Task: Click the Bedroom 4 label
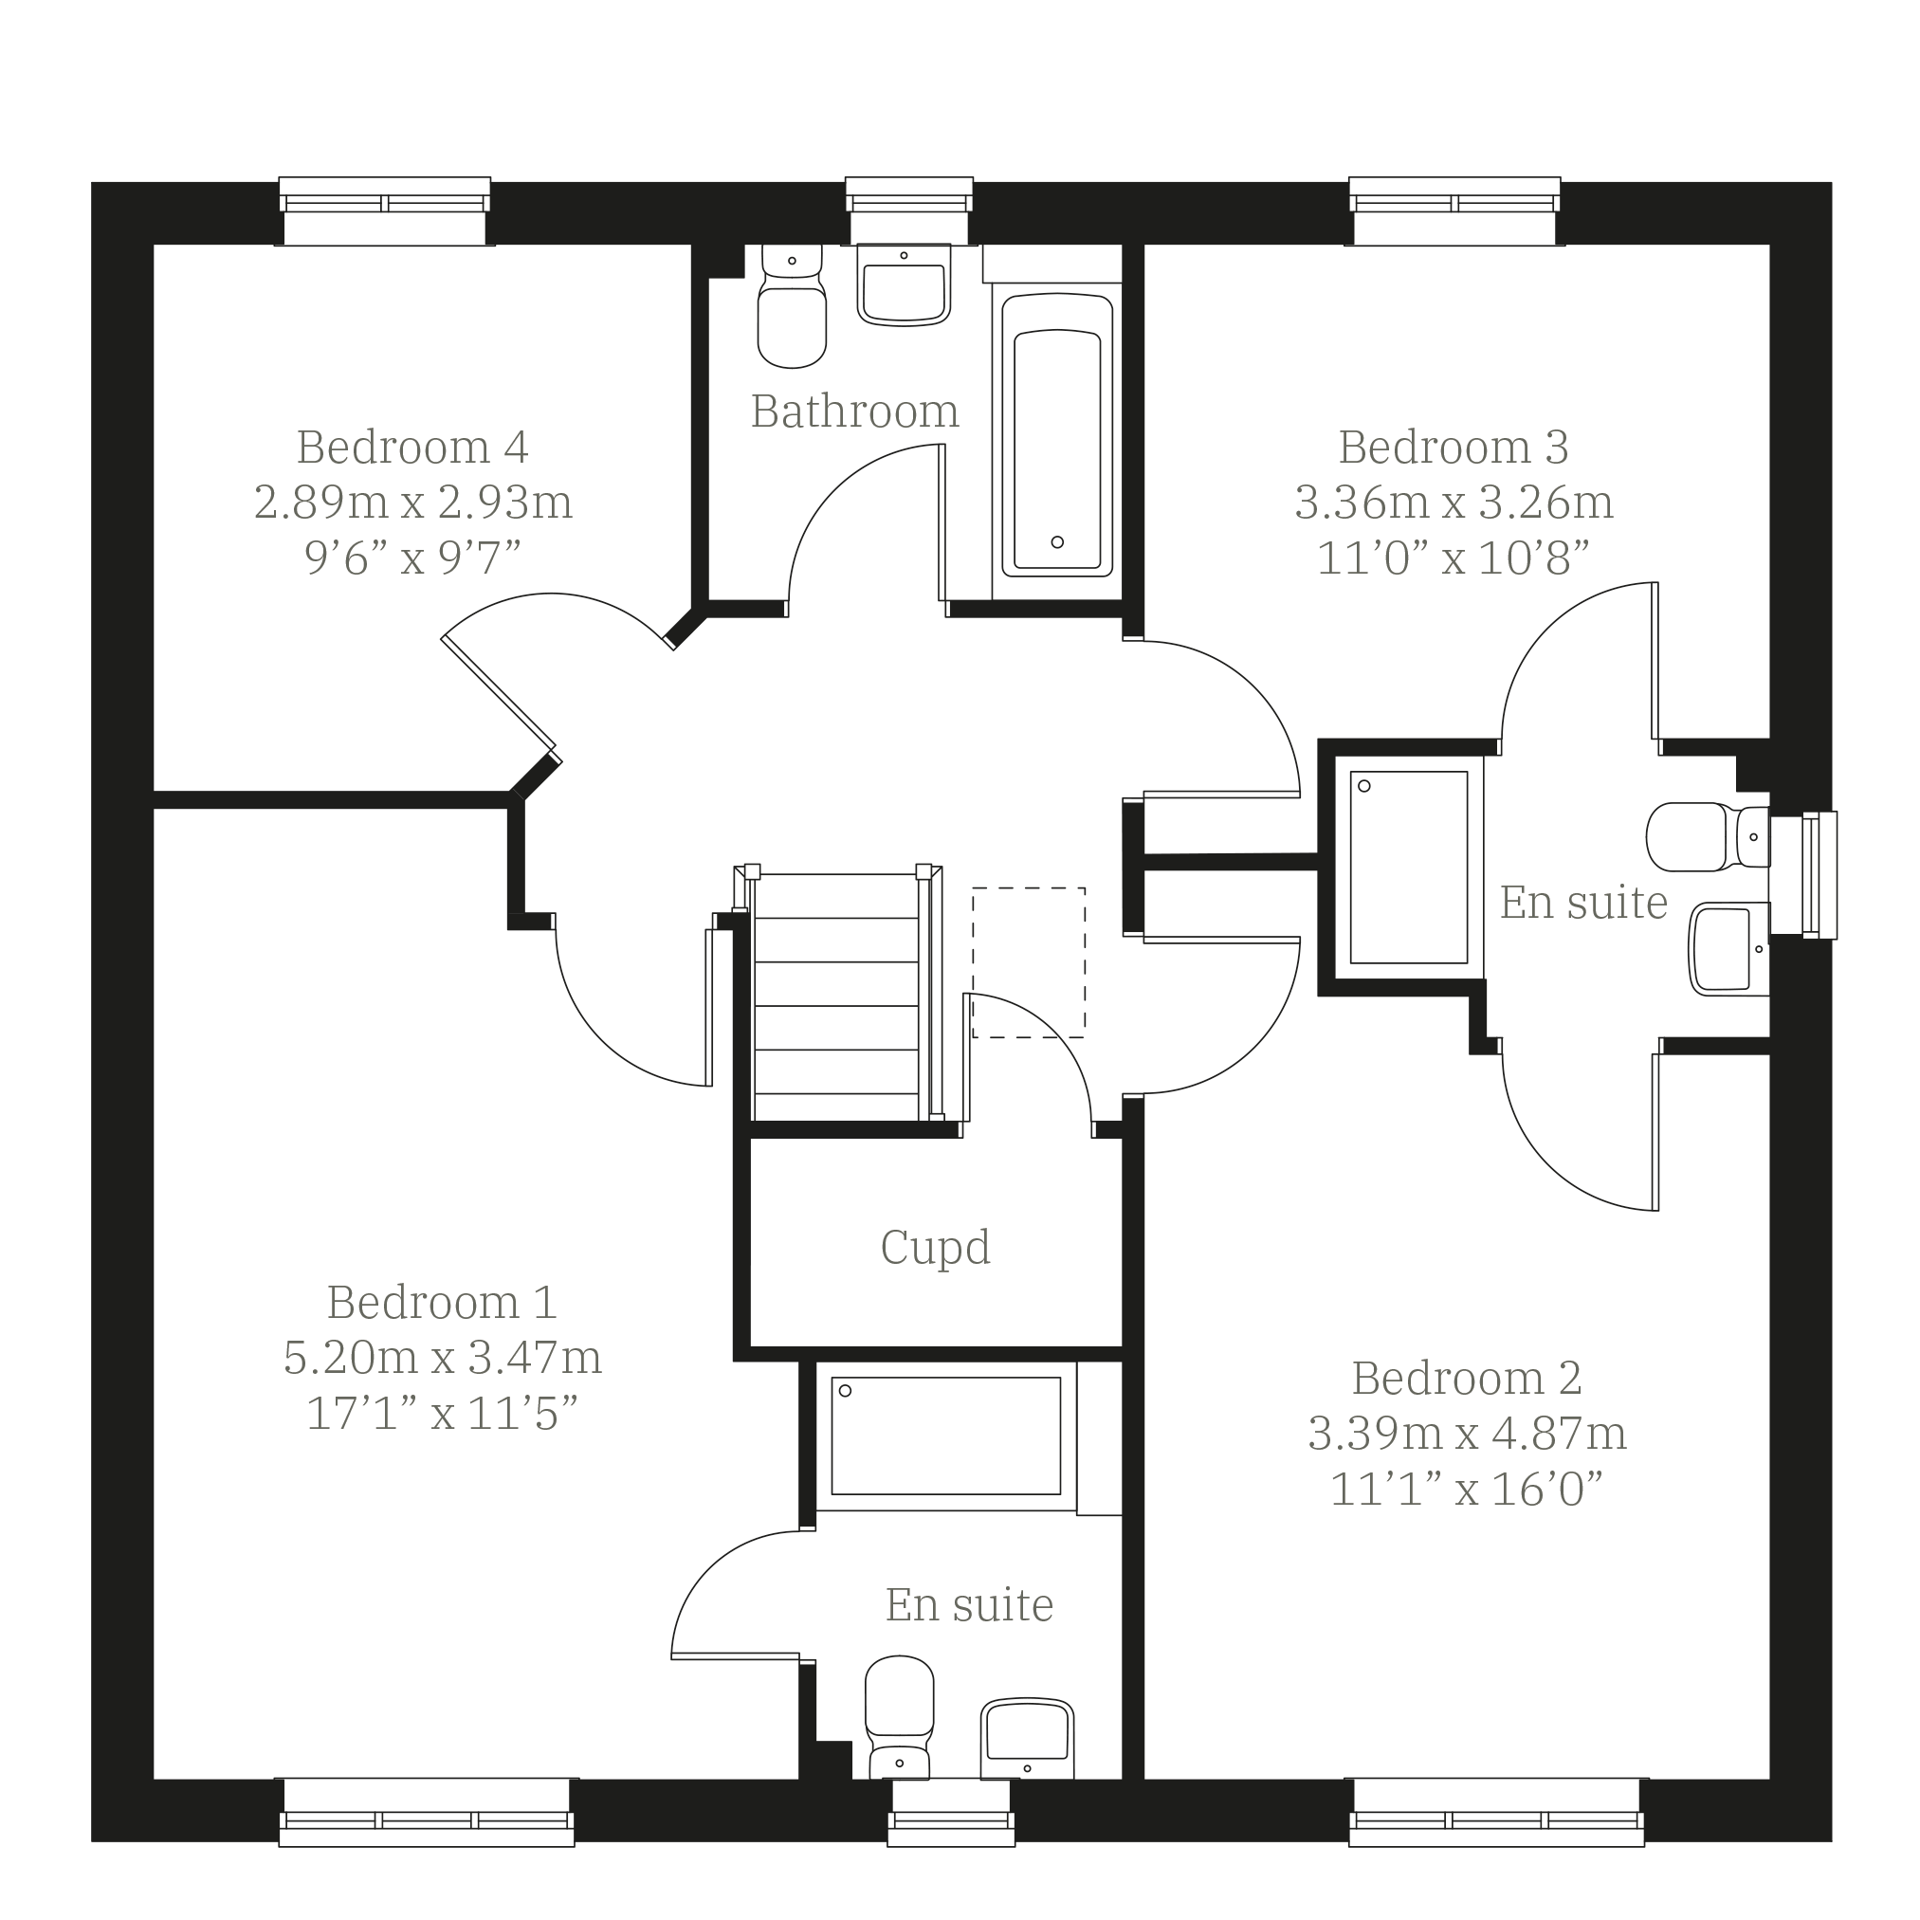412,448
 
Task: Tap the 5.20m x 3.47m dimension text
442,1358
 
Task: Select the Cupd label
935,1248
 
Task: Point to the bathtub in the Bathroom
1056,434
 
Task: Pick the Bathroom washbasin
904,284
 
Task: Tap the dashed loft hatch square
1029,963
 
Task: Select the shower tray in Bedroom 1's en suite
946,1436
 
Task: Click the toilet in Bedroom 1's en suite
900,1717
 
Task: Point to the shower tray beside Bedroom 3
1408,868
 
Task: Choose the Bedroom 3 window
1454,210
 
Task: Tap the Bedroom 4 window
385,210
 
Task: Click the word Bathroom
854,411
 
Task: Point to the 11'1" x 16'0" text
1466,1489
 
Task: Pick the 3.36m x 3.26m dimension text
1454,503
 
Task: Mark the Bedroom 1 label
442,1302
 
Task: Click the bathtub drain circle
1057,542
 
